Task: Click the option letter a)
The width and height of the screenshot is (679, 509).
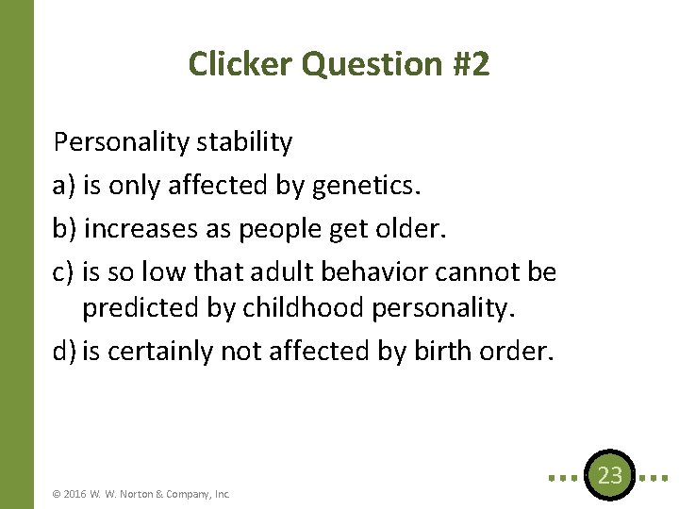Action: (65, 186)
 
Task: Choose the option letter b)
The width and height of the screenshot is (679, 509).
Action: (66, 229)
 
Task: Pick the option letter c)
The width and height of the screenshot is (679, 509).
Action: (64, 272)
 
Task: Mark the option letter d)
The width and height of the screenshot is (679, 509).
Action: (65, 352)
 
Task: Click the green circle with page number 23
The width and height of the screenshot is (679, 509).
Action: (610, 475)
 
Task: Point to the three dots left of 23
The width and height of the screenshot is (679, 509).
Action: (565, 477)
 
